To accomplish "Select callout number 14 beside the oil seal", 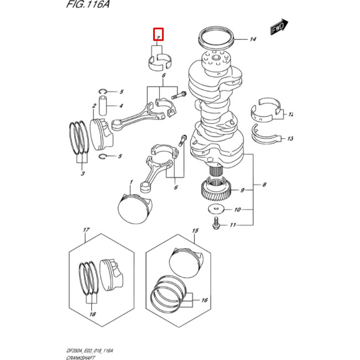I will tap(253, 39).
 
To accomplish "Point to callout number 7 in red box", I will tap(158, 35).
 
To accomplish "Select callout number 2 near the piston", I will tap(95, 105).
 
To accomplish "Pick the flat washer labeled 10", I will tap(216, 210).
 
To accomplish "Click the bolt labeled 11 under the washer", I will tap(215, 225).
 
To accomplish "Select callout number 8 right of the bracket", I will tap(264, 184).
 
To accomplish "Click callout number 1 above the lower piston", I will tap(131, 182).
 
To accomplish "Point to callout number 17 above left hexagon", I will tap(86, 229).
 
